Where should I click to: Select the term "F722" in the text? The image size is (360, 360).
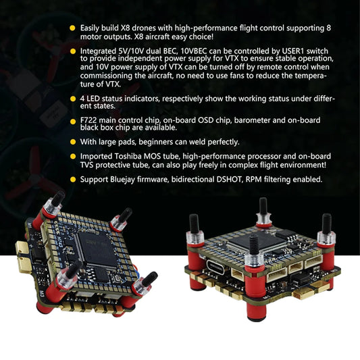pos(89,120)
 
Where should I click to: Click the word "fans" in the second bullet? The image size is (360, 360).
pos(253,75)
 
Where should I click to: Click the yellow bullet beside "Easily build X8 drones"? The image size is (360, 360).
pos(72,28)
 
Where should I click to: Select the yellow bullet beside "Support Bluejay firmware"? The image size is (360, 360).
pos(72,179)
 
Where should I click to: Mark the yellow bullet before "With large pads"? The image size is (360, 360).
pos(72,142)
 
